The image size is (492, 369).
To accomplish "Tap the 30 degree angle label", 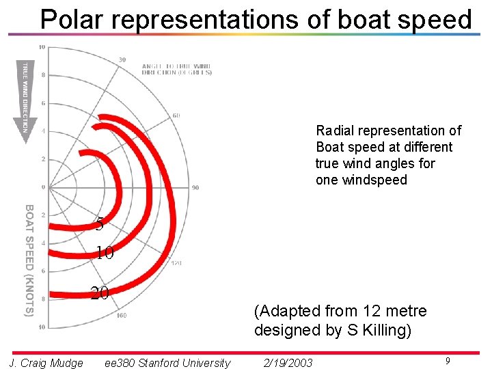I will (x=122, y=60).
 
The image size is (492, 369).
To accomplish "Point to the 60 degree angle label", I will (x=176, y=115).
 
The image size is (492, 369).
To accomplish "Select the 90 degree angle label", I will (x=195, y=187).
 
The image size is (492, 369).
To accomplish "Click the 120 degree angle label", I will (x=176, y=263).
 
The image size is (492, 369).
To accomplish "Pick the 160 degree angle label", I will (x=122, y=315).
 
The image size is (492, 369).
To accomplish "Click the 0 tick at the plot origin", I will (x=42, y=187).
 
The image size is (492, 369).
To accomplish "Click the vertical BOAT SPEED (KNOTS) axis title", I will (x=29, y=260).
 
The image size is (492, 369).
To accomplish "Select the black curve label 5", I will (x=100, y=223).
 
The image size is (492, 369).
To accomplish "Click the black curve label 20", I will (x=100, y=293).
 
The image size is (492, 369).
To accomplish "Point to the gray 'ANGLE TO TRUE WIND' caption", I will (x=176, y=69).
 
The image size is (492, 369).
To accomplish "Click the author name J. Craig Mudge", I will (x=46, y=363).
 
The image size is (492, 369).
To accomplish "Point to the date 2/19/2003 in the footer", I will (x=288, y=363).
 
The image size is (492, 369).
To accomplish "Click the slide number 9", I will (x=447, y=361).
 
